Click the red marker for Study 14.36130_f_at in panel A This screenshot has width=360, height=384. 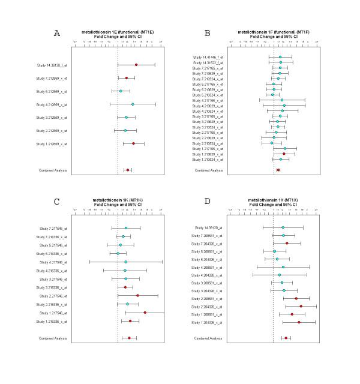coord(136,64)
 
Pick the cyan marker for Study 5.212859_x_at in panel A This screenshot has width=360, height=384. coord(121,91)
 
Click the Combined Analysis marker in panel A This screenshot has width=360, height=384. coord(127,170)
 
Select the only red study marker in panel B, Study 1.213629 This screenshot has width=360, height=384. coord(284,154)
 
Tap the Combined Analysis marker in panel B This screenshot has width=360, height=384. coord(278,170)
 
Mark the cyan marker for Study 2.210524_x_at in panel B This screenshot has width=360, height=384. coord(272,143)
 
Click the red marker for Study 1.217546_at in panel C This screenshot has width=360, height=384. coord(145,313)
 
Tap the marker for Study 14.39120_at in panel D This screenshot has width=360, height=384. coord(283,227)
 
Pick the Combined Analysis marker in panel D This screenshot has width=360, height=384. coord(286,338)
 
